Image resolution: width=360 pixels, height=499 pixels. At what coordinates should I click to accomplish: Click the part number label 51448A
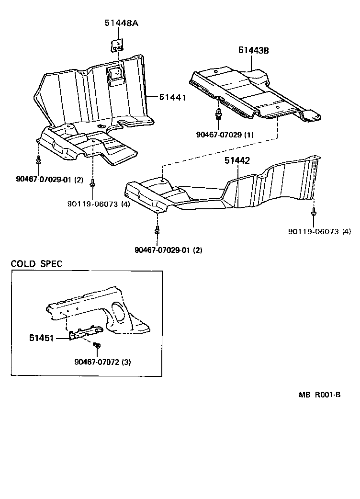point(122,23)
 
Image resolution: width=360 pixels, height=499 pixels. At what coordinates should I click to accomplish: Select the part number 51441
point(172,98)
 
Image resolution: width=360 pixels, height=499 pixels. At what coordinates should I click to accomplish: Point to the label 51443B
point(254,50)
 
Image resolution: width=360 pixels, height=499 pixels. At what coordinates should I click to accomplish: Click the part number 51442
point(237,161)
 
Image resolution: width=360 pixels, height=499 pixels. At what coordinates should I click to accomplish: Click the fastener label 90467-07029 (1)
point(225,135)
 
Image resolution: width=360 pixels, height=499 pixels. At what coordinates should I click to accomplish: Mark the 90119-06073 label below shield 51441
point(99,204)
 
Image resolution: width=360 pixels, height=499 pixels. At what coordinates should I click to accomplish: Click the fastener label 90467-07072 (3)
point(102,362)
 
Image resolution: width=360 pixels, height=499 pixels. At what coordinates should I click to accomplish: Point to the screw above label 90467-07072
point(97,345)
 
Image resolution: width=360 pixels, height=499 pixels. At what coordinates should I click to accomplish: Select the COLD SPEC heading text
point(36,264)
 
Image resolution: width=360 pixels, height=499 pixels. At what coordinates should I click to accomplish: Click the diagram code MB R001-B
point(320,396)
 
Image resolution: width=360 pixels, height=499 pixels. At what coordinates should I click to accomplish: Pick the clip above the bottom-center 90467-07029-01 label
point(157,231)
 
